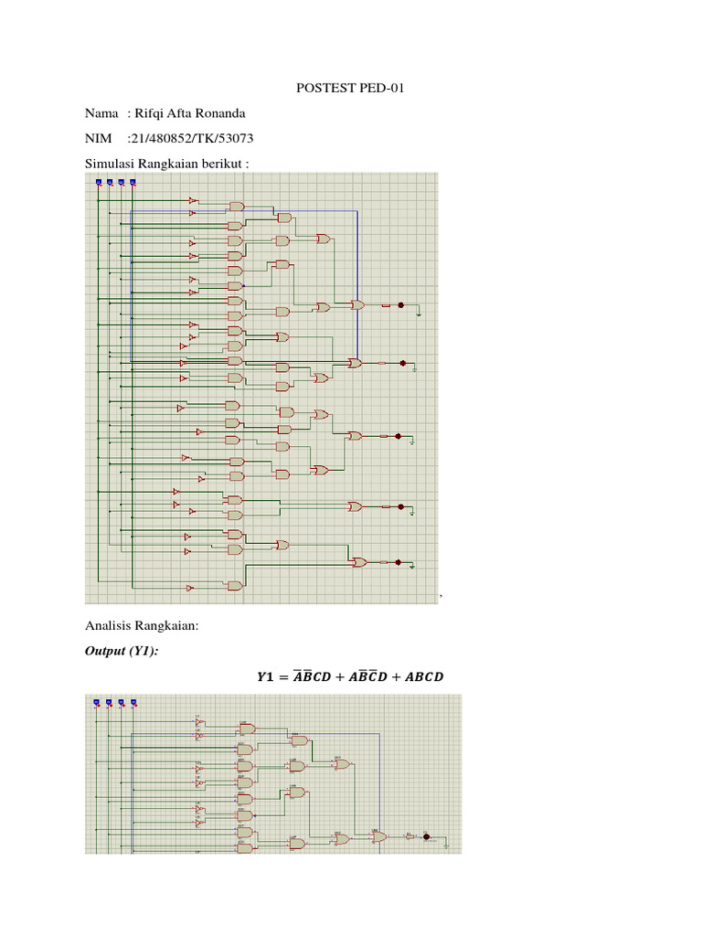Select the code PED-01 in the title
[382, 89]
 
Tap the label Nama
[101, 112]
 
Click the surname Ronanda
[218, 112]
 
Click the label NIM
[98, 138]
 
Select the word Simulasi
[111, 164]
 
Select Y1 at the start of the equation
[264, 677]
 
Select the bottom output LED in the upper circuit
[399, 562]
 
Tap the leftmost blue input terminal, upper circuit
[98, 182]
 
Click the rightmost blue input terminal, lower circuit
[133, 702]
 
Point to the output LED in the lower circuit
[426, 835]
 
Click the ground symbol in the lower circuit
[445, 846]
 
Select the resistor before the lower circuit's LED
[409, 835]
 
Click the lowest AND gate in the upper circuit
[236, 585]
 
